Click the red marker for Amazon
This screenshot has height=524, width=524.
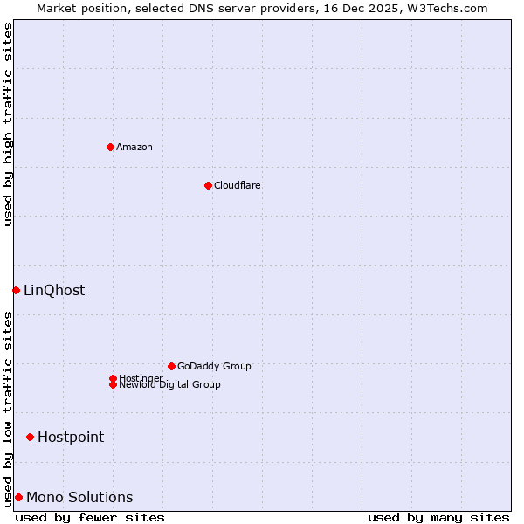(x=110, y=147)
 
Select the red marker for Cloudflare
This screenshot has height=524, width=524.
(x=208, y=185)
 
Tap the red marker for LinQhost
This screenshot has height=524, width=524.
(x=16, y=290)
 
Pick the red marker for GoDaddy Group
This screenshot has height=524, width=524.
(x=171, y=366)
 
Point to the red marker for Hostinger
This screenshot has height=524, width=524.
(x=113, y=378)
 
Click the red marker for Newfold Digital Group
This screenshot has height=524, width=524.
(x=113, y=384)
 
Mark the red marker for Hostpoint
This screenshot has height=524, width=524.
(x=30, y=437)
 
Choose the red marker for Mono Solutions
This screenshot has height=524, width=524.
(x=18, y=497)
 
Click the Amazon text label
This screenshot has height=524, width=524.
(x=134, y=147)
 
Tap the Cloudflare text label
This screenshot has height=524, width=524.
(x=238, y=185)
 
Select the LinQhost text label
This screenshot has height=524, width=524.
(x=54, y=290)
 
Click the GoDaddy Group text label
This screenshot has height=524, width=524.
(x=214, y=366)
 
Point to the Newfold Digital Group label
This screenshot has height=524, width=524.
(x=170, y=385)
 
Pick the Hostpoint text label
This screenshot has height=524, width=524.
(x=71, y=437)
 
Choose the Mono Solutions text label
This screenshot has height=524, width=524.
(x=79, y=497)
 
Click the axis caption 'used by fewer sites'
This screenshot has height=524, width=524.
(x=90, y=517)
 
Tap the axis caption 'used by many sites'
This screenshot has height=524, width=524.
(x=438, y=517)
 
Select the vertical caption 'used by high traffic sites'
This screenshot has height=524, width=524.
(x=8, y=124)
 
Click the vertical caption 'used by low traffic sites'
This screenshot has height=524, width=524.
(x=8, y=408)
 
